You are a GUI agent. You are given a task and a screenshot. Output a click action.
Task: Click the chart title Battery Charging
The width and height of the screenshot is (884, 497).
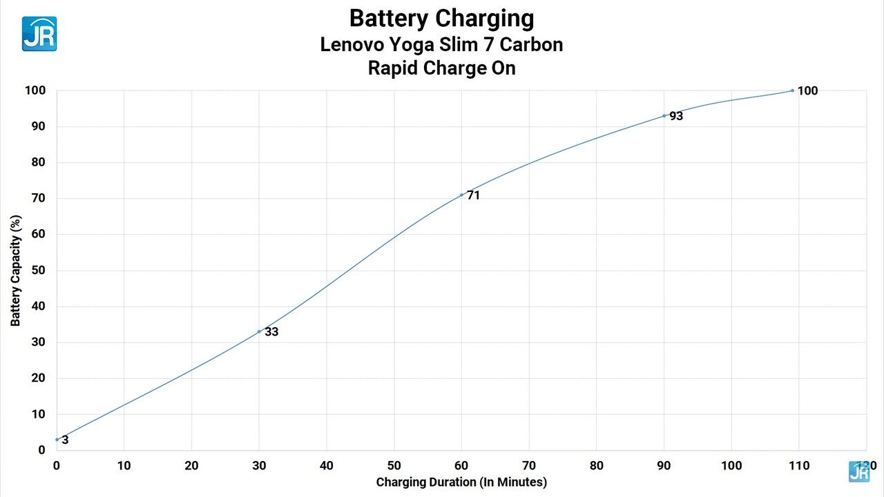441,18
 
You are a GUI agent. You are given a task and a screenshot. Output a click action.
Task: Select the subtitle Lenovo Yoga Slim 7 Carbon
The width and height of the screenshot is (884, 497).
441,45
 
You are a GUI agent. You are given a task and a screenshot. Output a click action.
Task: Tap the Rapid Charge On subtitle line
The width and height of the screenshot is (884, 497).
441,68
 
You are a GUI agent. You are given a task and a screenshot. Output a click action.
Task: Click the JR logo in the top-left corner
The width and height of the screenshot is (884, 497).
39,34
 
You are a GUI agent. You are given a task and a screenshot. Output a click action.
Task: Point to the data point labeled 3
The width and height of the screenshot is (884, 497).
57,439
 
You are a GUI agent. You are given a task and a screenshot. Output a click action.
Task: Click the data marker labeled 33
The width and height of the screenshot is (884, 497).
259,331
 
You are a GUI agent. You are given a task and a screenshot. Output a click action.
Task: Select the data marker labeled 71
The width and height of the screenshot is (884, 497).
461,195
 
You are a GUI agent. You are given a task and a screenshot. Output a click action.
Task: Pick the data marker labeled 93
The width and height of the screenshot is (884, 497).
664,115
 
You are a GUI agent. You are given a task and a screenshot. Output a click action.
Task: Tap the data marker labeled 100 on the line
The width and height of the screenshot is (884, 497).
792,90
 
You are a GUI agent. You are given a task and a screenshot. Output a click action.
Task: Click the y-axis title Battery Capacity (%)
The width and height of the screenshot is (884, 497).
16,270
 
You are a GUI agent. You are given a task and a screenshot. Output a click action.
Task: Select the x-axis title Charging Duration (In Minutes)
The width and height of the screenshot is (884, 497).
461,482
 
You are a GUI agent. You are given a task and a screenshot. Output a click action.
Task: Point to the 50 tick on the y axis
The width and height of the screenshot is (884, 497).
38,271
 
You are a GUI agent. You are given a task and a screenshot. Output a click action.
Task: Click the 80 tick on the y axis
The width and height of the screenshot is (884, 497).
38,163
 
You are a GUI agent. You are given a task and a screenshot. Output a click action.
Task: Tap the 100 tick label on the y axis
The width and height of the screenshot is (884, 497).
35,90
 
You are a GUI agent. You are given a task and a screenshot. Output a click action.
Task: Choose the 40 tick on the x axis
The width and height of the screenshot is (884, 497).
327,465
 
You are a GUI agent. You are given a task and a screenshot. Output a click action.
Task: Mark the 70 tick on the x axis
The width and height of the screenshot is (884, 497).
529,465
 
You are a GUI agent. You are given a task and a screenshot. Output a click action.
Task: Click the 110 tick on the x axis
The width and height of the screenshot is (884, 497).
799,465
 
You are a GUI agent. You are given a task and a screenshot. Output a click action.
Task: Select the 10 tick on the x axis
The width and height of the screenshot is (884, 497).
124,465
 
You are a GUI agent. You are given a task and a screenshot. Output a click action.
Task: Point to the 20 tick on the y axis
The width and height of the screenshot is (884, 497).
38,378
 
